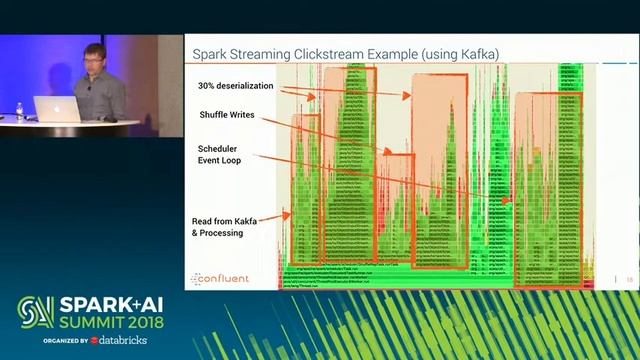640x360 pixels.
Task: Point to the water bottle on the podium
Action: (x=19, y=110)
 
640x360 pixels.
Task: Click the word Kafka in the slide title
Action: (x=474, y=52)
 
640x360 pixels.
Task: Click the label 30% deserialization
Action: (x=235, y=87)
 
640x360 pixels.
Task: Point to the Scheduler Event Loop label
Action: (x=220, y=154)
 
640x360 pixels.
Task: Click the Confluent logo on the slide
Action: (x=220, y=278)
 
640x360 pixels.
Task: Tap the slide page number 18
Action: (x=629, y=279)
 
